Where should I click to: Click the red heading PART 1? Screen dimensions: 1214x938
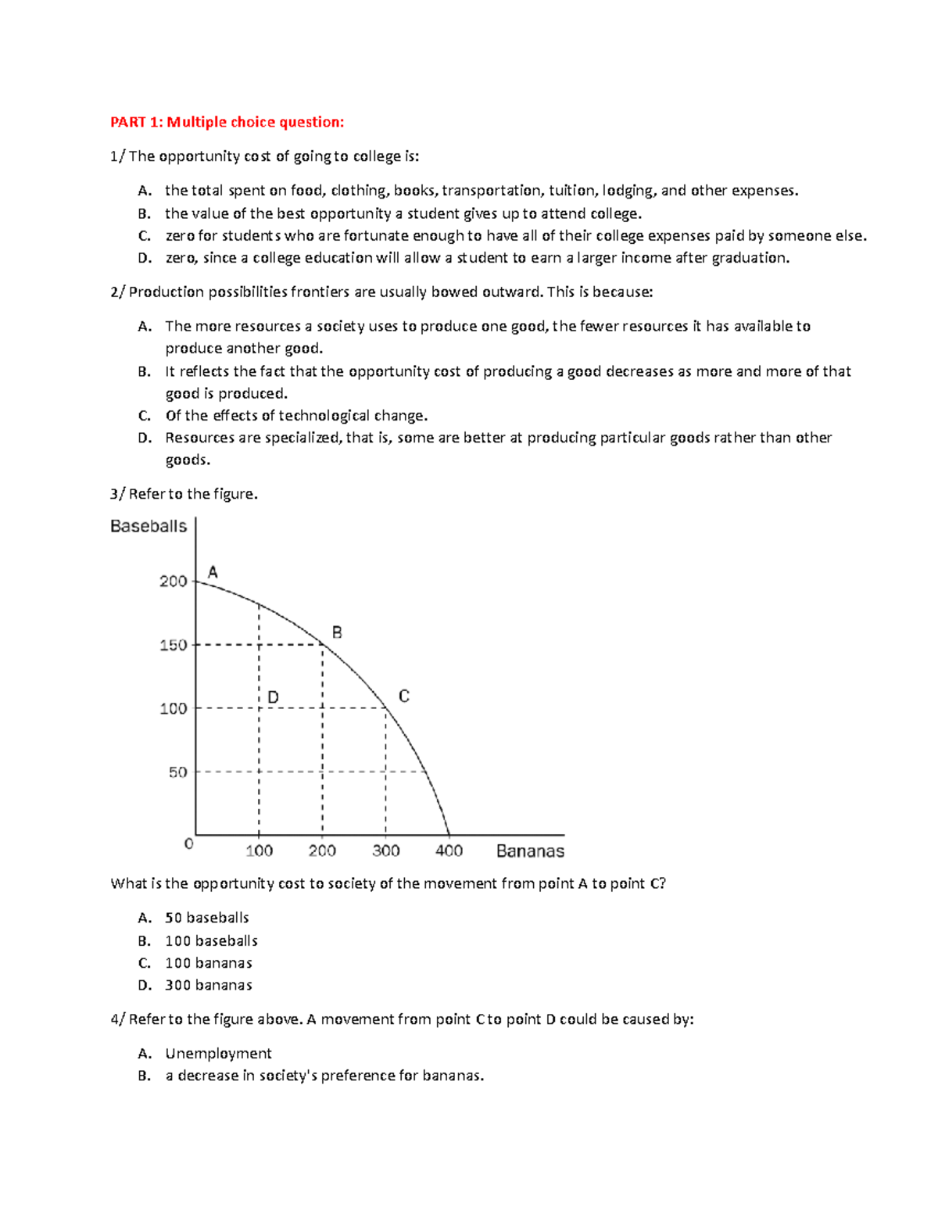click(227, 122)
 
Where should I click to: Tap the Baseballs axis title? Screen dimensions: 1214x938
click(149, 526)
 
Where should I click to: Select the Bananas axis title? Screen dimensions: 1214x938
click(530, 851)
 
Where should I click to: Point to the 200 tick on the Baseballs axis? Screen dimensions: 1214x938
click(173, 581)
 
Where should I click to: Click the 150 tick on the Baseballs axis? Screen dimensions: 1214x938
click(173, 645)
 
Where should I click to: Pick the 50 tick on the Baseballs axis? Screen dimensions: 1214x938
click(177, 772)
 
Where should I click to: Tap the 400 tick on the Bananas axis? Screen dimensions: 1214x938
click(449, 851)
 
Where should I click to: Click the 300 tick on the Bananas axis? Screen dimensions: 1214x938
click(385, 851)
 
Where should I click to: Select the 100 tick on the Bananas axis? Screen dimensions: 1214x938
click(259, 851)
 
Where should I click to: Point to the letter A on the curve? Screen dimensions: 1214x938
click(213, 572)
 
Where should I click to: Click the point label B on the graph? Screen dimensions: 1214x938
click(337, 632)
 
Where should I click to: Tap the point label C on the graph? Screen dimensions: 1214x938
click(403, 696)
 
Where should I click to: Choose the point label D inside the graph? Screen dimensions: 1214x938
click(273, 697)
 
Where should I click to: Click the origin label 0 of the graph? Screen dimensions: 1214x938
click(188, 844)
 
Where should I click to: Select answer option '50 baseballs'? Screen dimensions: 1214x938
click(207, 918)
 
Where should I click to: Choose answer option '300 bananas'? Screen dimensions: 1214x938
click(209, 985)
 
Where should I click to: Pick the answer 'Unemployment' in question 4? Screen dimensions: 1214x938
click(218, 1054)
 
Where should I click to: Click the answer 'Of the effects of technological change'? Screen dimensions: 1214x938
click(296, 416)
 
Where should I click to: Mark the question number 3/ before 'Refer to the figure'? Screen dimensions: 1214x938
click(117, 494)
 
